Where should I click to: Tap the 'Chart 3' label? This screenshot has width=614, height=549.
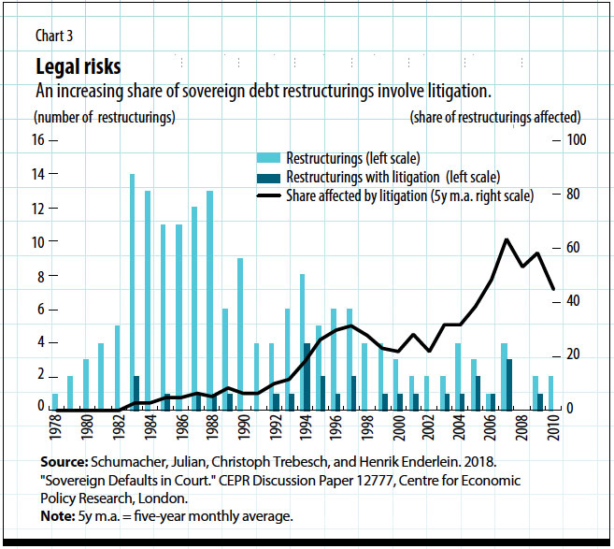pyautogui.click(x=54, y=36)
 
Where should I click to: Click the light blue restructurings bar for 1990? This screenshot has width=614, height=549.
pyautogui.click(x=240, y=334)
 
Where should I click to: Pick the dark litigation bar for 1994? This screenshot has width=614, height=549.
pyautogui.click(x=307, y=376)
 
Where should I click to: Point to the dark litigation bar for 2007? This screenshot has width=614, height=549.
pyautogui.click(x=509, y=384)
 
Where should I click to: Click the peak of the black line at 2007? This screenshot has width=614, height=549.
pyautogui.click(x=506, y=239)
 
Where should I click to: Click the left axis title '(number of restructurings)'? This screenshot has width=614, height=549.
pyautogui.click(x=104, y=118)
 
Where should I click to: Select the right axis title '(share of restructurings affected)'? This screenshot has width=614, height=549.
pyautogui.click(x=494, y=118)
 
